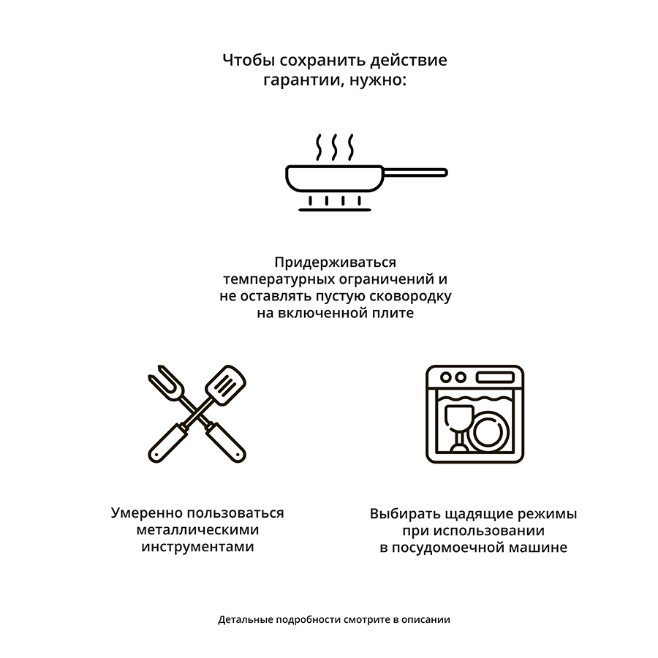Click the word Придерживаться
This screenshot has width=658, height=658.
point(335,262)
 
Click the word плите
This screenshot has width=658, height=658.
point(393,314)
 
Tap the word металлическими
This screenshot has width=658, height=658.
point(197,530)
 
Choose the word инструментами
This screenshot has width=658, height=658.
point(197,547)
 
